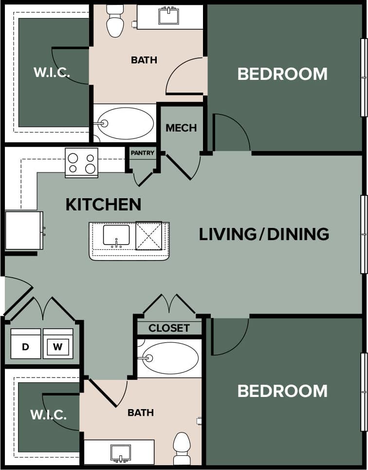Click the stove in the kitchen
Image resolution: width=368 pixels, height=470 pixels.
pos(81,163)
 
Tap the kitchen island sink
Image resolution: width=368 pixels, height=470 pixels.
pos(116,235)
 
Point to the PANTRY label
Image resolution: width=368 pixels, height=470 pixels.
pos(142,153)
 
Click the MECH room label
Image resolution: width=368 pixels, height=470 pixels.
pos(181,128)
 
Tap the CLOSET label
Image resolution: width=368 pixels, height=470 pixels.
pos(169,328)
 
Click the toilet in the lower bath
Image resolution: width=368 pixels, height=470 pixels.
pos(182,448)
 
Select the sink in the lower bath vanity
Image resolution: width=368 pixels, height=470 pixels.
pos(120,452)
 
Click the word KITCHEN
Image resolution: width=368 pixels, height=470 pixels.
pos(103,205)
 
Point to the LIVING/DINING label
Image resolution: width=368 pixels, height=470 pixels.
pos(264,234)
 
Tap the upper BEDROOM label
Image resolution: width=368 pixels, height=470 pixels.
pos(282,74)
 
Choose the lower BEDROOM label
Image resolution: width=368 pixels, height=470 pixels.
pos(282,391)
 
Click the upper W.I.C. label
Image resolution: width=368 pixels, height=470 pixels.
pos(52,73)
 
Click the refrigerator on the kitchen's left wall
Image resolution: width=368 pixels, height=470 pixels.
pos(23,230)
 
